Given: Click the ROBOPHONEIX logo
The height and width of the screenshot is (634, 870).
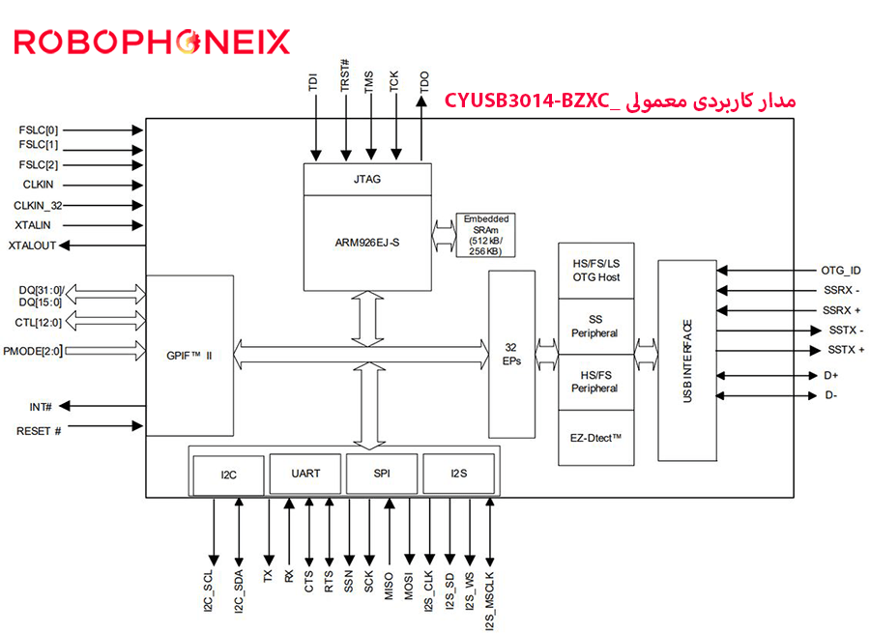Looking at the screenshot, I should coord(151,41).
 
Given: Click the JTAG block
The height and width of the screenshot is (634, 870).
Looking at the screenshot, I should coord(366,179).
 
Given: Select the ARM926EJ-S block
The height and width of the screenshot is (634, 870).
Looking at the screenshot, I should coord(366,243).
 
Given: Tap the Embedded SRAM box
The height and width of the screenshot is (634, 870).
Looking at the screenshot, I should coord(485,236).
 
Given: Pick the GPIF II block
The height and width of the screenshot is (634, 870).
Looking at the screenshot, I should coord(189,356).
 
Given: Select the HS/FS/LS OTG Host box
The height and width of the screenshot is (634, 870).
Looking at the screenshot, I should coord(595,271).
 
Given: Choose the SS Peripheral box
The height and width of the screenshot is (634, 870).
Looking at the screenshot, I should coord(595,326).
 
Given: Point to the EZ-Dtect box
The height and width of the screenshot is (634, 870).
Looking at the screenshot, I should coord(595,438).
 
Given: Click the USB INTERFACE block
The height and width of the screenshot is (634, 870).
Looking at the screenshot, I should coord(687,360).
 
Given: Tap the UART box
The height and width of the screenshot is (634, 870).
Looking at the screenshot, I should coord(305,474).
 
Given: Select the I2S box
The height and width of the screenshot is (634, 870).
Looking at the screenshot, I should coord(458,474).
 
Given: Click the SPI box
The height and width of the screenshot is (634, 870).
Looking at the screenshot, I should coord(381,474).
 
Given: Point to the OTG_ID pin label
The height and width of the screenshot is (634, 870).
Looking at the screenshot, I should coord(840,271).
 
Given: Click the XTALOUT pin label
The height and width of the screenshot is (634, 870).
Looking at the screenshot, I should coord(32,245).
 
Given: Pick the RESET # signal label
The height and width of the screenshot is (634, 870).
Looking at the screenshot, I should coord(39,430).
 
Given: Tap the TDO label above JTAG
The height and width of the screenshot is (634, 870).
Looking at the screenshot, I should coord(423,82).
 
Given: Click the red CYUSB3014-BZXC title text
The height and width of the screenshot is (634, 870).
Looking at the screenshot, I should coord(620,101).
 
